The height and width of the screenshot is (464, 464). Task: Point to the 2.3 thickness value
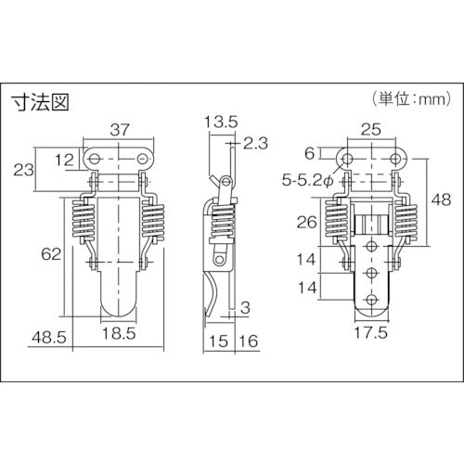[x=254, y=142]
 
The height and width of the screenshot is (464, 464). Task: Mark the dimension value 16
[x=249, y=341]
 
